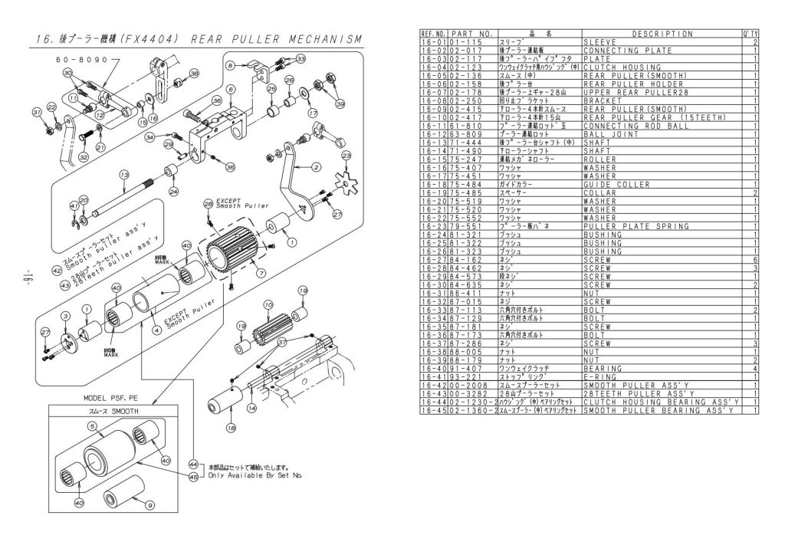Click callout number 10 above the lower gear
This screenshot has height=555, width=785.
coord(268,304)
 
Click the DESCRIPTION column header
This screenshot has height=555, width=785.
coord(662,34)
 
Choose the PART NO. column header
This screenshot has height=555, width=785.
coord(471,34)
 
